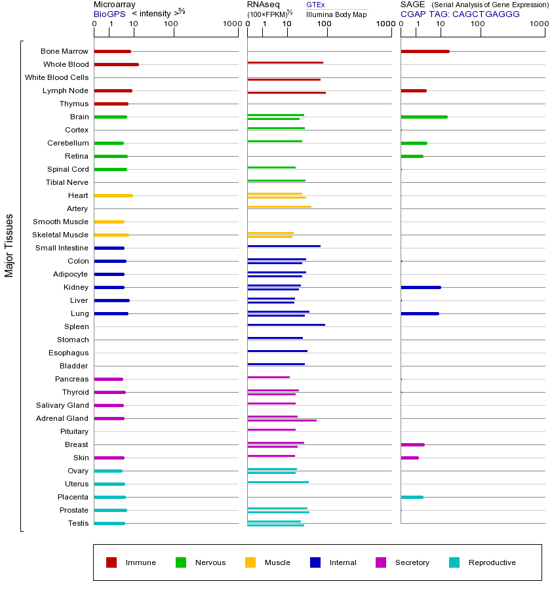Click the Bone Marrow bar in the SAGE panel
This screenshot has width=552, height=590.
tap(425, 51)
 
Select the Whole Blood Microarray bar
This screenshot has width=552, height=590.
tap(116, 64)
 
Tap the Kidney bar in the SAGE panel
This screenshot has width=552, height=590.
tap(420, 287)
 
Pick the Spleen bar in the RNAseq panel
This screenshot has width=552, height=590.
tap(286, 324)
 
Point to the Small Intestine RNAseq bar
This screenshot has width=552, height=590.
tap(284, 246)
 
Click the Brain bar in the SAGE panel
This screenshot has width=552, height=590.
tap(424, 117)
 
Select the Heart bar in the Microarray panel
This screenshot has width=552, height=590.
tap(113, 195)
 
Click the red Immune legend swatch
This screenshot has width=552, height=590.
tap(111, 562)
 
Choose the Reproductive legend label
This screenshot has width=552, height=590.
tap(492, 562)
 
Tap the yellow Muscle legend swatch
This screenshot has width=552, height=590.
tap(250, 562)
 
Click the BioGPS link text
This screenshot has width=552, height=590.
tap(109, 14)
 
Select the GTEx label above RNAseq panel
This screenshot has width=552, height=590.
tap(315, 5)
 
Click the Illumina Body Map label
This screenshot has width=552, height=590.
tap(336, 14)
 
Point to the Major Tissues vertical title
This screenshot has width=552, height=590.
tap(9, 245)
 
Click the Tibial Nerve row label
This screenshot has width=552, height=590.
tap(67, 182)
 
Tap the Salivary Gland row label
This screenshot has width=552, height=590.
tap(62, 405)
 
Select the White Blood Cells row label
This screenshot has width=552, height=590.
tap(56, 77)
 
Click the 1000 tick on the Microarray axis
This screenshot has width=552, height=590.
tap(231, 24)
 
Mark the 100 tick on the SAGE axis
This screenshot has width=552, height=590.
tap(478, 24)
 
